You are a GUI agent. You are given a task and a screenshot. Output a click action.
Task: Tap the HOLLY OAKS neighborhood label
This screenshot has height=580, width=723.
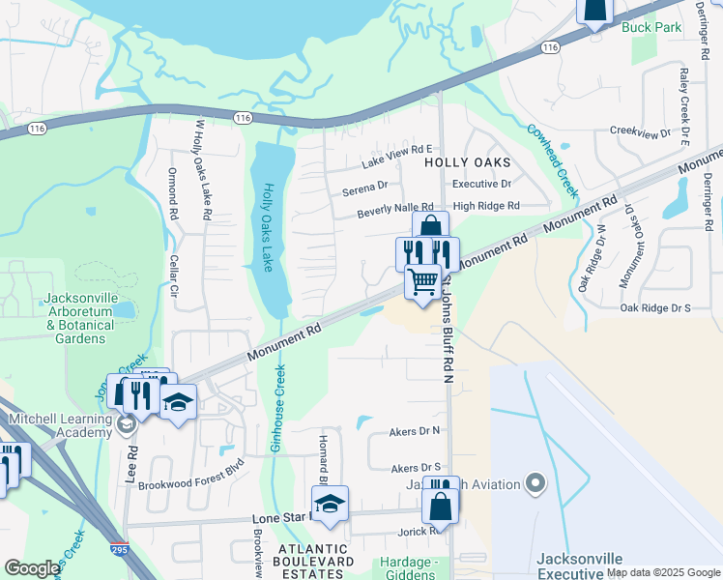[x=468, y=163]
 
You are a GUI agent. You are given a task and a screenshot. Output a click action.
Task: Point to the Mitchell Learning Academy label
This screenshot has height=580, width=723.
[x=60, y=425]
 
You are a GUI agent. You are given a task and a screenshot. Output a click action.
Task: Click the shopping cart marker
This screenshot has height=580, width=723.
[x=422, y=283]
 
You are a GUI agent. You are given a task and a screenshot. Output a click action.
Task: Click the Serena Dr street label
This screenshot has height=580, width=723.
[x=364, y=188]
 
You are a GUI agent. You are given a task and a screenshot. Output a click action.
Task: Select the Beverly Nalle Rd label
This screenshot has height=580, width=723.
[x=394, y=209]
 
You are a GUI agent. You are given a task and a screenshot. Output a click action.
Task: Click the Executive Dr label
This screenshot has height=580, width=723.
[x=481, y=184]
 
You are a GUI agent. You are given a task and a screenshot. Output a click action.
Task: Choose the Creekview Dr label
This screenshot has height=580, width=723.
[x=640, y=132]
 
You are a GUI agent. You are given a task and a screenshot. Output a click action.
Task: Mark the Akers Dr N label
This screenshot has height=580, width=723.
[x=415, y=431]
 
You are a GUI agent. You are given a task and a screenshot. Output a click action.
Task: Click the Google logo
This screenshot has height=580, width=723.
[x=32, y=568]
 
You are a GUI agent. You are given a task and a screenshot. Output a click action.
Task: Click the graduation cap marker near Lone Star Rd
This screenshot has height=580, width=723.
[x=330, y=504]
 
